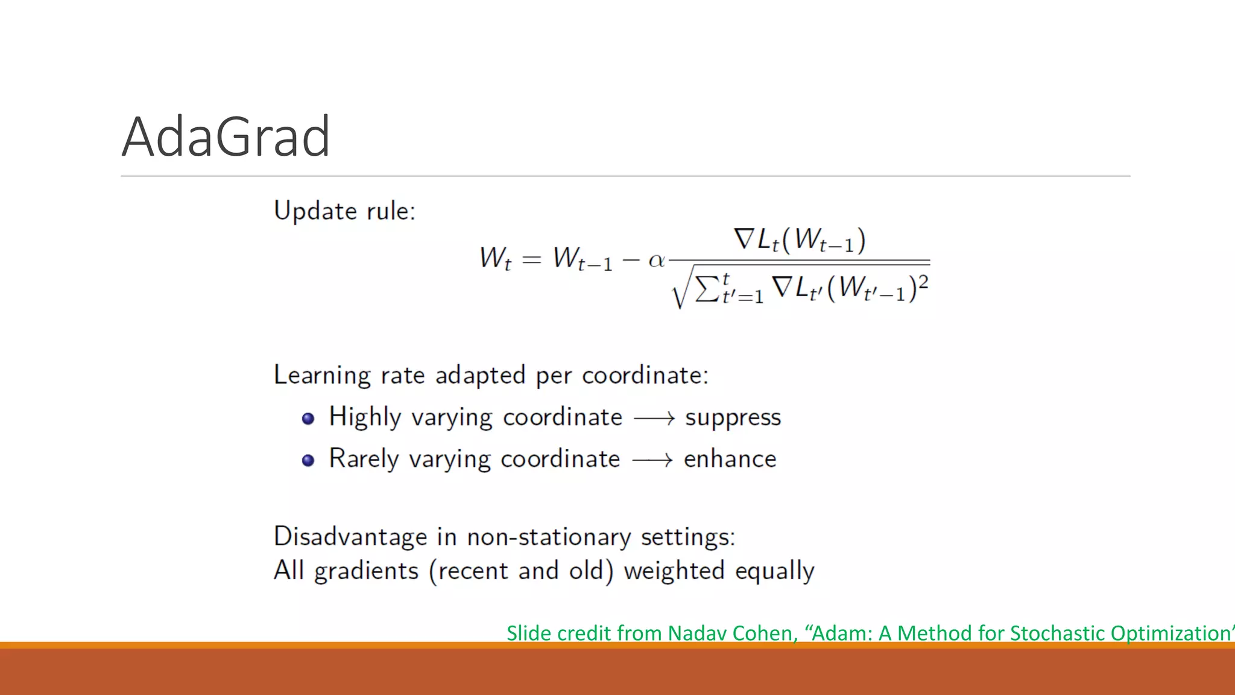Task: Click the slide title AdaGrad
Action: coord(226,137)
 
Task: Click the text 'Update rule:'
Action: coord(344,211)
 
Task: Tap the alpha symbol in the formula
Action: coord(656,261)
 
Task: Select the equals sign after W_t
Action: coord(531,260)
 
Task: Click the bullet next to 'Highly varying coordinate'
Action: coord(308,419)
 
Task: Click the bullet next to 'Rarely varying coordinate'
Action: coord(308,460)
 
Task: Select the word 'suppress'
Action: coord(733,417)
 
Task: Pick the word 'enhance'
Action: coord(730,459)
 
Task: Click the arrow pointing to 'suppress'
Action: coord(654,418)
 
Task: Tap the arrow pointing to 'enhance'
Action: coord(652,460)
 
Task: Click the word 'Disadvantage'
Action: coord(350,536)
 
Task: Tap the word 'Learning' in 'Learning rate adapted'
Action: coord(322,375)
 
